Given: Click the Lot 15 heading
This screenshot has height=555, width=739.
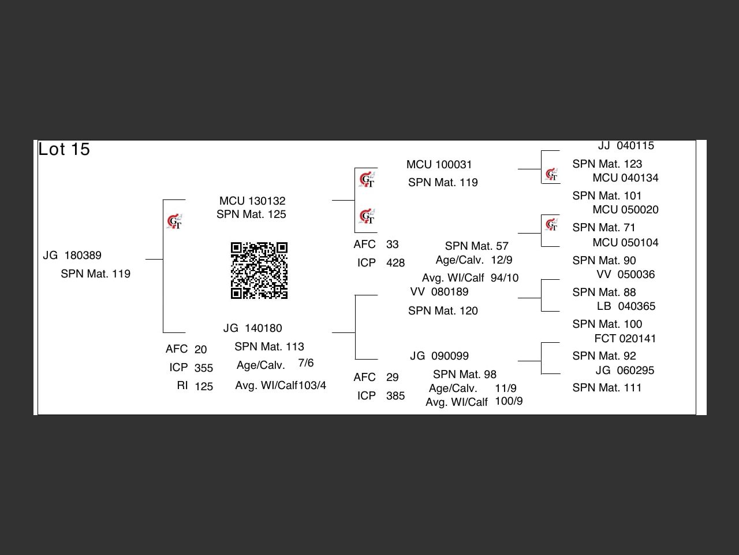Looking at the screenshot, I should click(x=64, y=149).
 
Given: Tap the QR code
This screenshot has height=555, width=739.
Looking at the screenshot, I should click(x=259, y=271).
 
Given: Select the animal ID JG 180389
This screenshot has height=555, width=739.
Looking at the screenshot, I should click(x=72, y=256).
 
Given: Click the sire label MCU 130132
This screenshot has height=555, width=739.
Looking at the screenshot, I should click(x=252, y=201).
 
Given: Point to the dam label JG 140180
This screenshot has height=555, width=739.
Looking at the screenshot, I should click(x=253, y=328).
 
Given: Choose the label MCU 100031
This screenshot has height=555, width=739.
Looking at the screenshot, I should click(x=439, y=165).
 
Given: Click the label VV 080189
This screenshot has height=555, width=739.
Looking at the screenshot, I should click(x=439, y=292).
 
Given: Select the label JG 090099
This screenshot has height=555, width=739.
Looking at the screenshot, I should click(x=439, y=356).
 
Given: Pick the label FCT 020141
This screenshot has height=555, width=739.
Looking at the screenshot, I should click(x=625, y=339).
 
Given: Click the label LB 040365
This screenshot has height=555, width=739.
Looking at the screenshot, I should click(x=626, y=306).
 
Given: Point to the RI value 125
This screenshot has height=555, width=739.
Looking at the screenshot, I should click(x=204, y=387).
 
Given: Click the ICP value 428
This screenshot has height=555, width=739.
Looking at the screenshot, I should click(x=395, y=263).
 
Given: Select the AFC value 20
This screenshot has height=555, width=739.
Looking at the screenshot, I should click(x=200, y=350).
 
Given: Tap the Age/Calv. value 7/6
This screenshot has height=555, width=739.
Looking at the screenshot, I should click(x=306, y=363).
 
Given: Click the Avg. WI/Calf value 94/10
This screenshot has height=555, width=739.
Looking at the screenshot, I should click(x=505, y=278).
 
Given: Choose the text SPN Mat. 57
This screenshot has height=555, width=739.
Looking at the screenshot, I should click(x=477, y=246).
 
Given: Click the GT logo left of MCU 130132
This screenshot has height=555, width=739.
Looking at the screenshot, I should click(x=174, y=221).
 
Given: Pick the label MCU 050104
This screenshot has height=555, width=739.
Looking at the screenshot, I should click(x=625, y=243).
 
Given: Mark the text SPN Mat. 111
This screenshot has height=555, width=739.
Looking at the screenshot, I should click(x=607, y=388).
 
